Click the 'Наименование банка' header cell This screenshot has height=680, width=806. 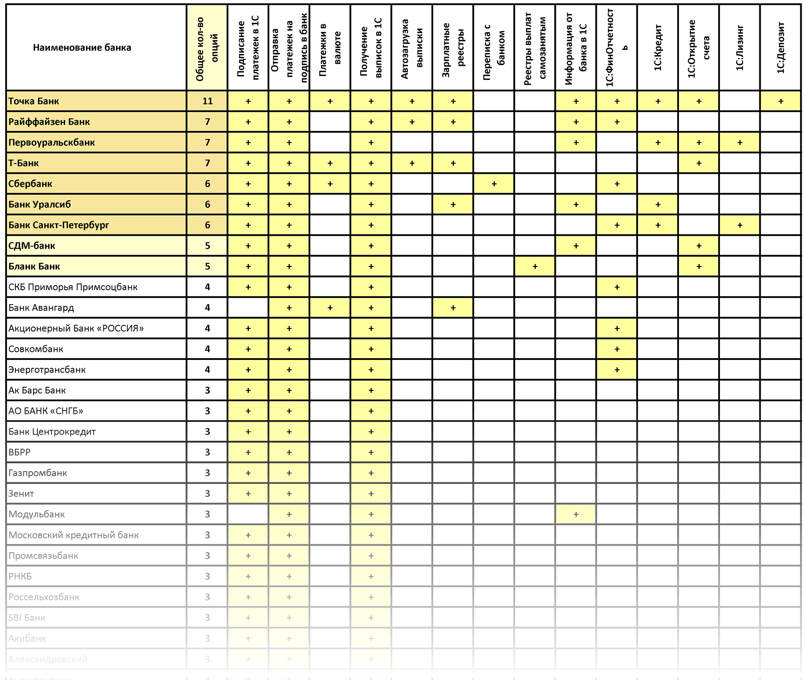pos(82,47)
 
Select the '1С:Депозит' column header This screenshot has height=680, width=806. pos(781,47)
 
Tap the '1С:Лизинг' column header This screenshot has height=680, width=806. pos(740,47)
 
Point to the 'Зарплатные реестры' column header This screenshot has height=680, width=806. pos(453,47)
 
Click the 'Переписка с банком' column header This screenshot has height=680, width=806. pos(494,47)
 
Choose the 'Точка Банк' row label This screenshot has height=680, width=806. pos(34,101)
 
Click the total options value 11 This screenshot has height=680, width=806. pos(207,101)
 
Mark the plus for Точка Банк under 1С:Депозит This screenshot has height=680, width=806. pos(781,101)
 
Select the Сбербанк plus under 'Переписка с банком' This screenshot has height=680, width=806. pos(494,184)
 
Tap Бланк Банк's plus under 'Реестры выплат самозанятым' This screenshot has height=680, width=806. pos(535,266)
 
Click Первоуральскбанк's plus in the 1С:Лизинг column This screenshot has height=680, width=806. pos(740,143)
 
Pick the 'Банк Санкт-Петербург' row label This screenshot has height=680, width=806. pos(58,225)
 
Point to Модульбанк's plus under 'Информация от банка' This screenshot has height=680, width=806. pos(576,514)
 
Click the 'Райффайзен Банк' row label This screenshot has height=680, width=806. pos(49,122)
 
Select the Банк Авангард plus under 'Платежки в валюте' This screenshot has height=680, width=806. pos(330,308)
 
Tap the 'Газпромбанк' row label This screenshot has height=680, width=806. pos(38,473)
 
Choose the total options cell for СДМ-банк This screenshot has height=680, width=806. pos(207,246)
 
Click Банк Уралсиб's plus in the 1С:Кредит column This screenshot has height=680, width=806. pos(658,205)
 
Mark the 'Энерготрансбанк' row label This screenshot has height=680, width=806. pos(47,370)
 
